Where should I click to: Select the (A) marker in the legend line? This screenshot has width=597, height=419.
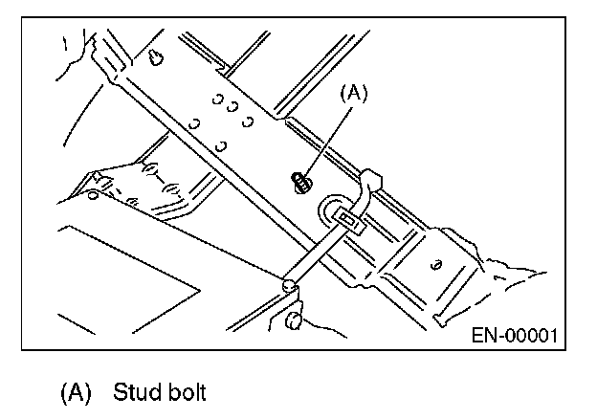pyautogui.click(x=76, y=393)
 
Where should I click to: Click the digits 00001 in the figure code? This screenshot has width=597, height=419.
pyautogui.click(x=530, y=336)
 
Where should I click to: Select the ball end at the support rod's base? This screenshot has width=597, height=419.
pyautogui.click(x=288, y=285)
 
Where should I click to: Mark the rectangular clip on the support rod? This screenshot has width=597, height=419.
pyautogui.click(x=349, y=225)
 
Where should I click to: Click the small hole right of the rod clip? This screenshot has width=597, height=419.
pyautogui.click(x=436, y=264)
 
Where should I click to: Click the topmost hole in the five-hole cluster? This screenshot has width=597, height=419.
pyautogui.click(x=217, y=96)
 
